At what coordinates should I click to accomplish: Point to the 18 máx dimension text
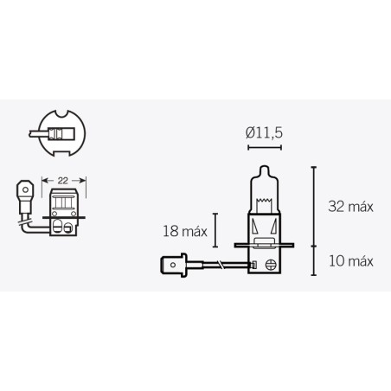click(x=181, y=230)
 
